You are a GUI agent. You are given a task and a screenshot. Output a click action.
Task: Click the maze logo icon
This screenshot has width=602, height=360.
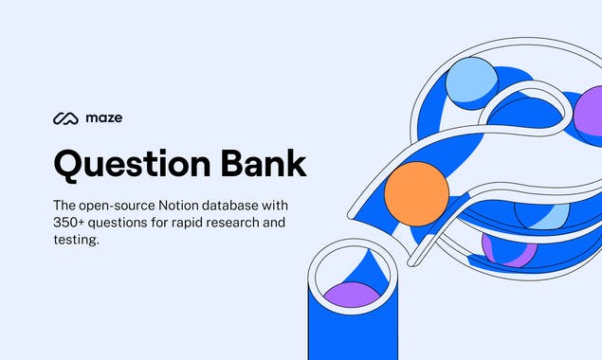[x=65, y=118]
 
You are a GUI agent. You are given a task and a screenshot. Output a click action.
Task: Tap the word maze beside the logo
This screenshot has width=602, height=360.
[x=102, y=118]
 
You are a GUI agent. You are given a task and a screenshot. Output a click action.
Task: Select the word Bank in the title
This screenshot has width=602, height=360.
[x=265, y=163]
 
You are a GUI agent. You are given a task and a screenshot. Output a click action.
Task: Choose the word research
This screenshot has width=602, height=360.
[x=258, y=223]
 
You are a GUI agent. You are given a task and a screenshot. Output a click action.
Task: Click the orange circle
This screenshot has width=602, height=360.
[x=416, y=193]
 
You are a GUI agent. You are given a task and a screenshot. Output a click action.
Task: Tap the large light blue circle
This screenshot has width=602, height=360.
[x=471, y=82]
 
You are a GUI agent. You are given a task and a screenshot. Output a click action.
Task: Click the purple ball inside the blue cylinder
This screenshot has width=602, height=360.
[x=352, y=293]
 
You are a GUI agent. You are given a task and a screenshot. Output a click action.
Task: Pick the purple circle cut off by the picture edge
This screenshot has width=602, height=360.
[x=589, y=112]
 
